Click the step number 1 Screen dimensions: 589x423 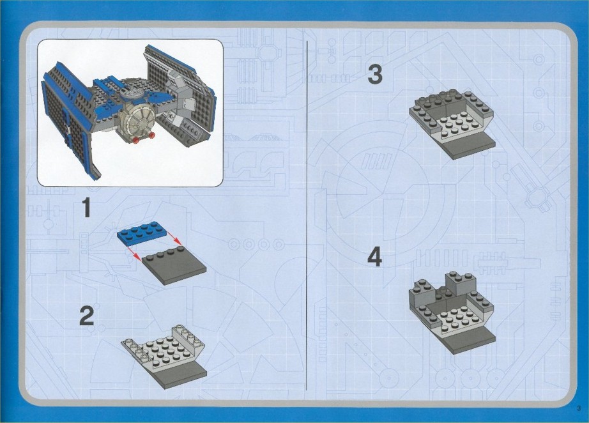coord(87,208)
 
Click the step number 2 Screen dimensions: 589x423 coord(87,316)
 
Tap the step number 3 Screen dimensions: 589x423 coord(375,74)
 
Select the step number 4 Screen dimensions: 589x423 coord(375,258)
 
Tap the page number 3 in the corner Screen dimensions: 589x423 coord(579,408)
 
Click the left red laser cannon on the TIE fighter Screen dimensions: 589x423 coord(137,140)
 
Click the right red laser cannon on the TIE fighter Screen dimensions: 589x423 coord(152,135)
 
